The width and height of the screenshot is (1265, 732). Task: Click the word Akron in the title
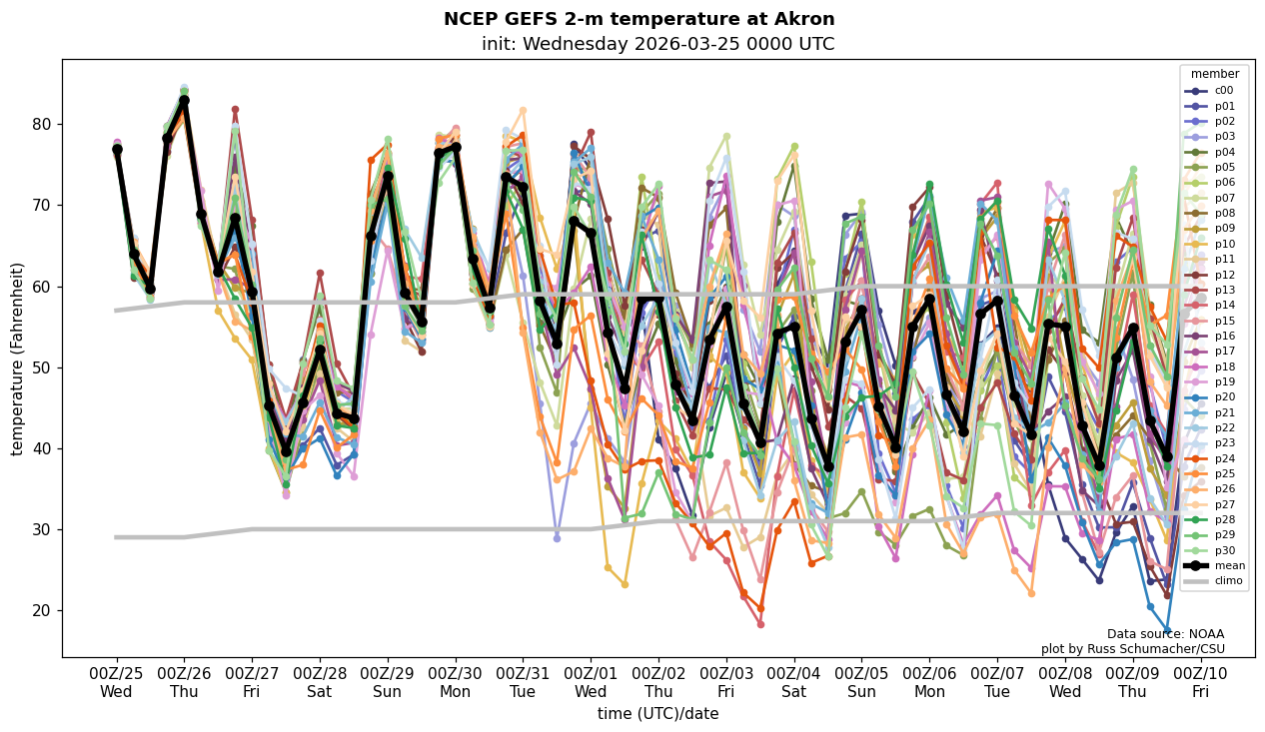(804, 19)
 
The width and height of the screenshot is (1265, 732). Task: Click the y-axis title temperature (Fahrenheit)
(18, 359)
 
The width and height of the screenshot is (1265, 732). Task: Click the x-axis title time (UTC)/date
(657, 713)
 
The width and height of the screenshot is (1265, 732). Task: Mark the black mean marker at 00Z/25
(117, 149)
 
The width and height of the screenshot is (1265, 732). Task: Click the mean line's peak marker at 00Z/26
(184, 101)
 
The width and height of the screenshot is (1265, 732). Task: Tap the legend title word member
(1214, 74)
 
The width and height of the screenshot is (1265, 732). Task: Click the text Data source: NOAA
(1165, 634)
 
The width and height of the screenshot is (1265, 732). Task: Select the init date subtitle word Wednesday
(572, 44)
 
